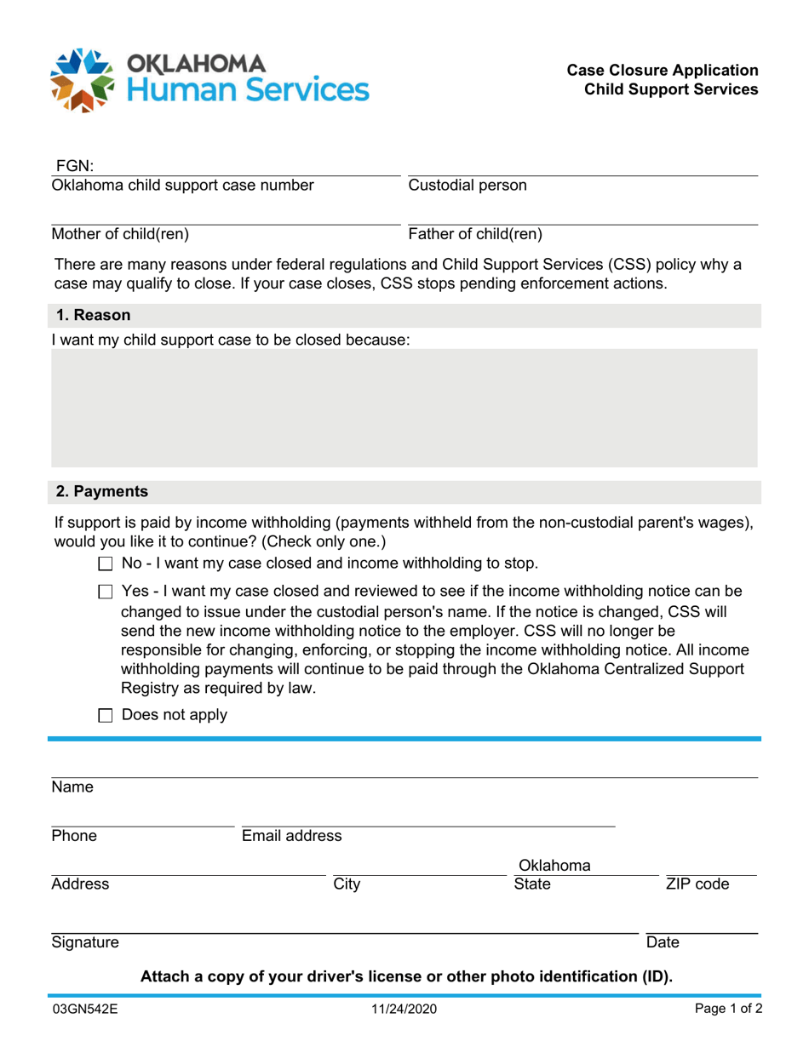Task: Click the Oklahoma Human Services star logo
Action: [x=82, y=80]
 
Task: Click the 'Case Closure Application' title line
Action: [x=663, y=70]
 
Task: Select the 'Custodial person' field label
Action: [x=468, y=185]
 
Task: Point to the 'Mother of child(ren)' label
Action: [x=121, y=234]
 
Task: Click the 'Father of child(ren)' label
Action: [x=475, y=234]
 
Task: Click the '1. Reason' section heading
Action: [x=93, y=315]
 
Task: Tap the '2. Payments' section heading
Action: [x=101, y=491]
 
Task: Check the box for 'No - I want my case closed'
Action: [x=106, y=564]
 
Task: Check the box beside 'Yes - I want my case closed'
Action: [x=106, y=592]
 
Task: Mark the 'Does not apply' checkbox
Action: [x=106, y=715]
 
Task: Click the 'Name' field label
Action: [x=72, y=787]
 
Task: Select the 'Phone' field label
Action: [x=74, y=836]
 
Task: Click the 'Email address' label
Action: [x=292, y=836]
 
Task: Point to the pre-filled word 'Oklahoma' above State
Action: [x=555, y=866]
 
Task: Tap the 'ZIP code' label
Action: [x=697, y=884]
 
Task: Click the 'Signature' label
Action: [x=85, y=942]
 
